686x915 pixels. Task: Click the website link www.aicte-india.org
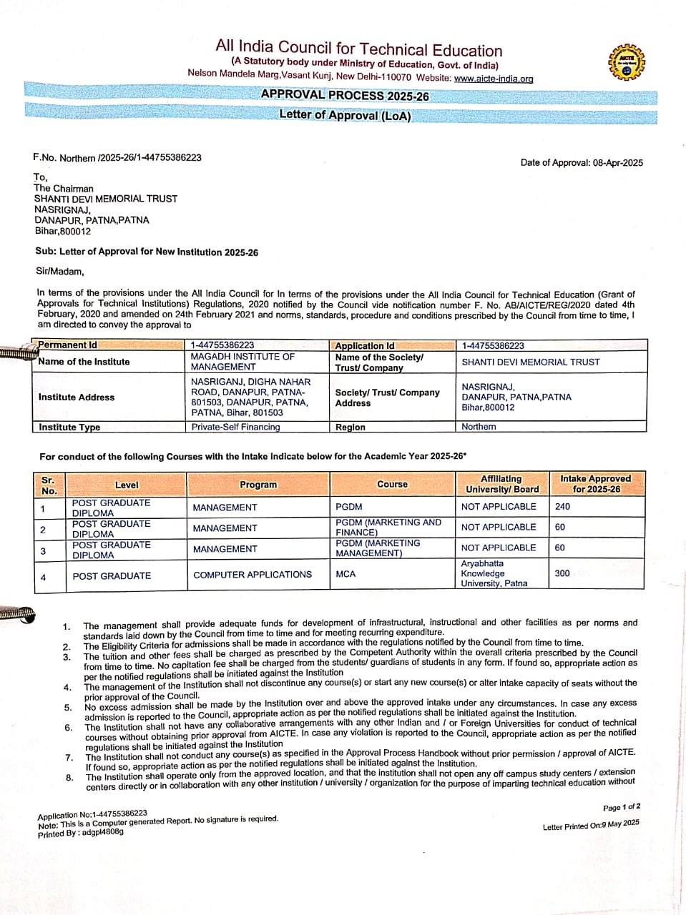pos(494,79)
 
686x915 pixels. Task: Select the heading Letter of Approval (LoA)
pos(345,115)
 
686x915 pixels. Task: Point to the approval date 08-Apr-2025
pos(618,162)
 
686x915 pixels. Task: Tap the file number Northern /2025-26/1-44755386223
pos(117,157)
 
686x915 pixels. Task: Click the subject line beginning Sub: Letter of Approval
pos(147,252)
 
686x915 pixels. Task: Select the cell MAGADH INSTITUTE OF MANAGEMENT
pos(242,361)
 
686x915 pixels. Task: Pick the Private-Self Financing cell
pos(235,427)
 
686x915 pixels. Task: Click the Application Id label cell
pos(365,345)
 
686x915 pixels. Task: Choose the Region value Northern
pos(479,427)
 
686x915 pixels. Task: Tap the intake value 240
pos(562,506)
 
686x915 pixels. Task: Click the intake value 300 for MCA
pos(562,573)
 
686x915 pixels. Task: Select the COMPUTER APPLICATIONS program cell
pos(253,574)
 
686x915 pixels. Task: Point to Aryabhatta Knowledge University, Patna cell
pos(494,573)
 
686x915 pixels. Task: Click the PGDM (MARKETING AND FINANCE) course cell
pos(388,527)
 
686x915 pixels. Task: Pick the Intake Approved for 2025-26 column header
pos(595,484)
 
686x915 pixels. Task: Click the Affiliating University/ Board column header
pos(501,484)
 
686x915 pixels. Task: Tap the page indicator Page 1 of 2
pos(621,807)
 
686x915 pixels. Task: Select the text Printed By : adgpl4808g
pos(81,833)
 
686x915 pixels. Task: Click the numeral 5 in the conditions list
pos(68,708)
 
